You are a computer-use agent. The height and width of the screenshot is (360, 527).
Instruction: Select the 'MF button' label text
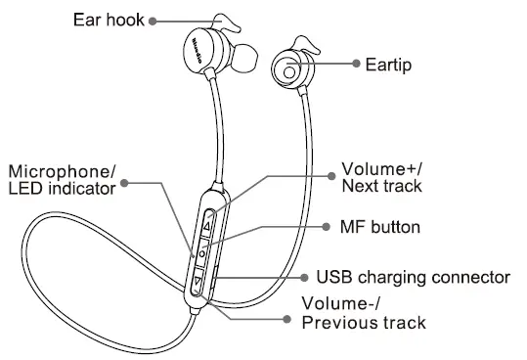click(x=371, y=227)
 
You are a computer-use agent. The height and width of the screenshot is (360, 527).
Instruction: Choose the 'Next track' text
click(x=382, y=186)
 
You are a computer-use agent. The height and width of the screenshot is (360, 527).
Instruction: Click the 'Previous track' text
click(x=363, y=322)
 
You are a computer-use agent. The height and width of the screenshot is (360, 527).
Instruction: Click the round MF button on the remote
click(x=201, y=253)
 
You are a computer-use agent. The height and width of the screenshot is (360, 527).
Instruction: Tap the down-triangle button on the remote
click(x=198, y=284)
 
